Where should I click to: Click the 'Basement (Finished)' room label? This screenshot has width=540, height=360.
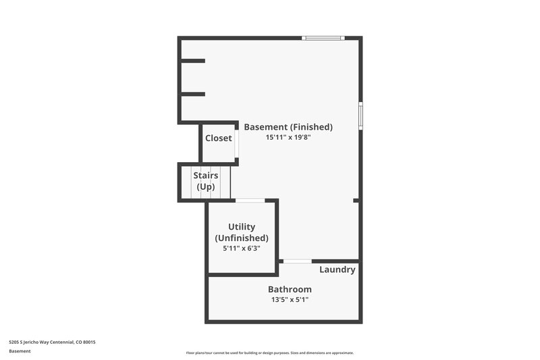[x=288, y=126]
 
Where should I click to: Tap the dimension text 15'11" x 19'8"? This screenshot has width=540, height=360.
[x=288, y=137]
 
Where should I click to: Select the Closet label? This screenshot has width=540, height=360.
[x=219, y=138]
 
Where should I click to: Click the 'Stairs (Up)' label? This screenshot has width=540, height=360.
[x=205, y=181]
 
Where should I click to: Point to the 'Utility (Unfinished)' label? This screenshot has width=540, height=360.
[x=242, y=232]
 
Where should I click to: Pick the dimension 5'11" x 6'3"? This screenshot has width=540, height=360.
[x=242, y=249]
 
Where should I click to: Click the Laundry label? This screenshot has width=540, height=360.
[x=337, y=269]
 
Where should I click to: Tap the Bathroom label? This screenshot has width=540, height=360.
[x=290, y=289]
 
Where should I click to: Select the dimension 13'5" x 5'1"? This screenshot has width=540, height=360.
[x=290, y=300]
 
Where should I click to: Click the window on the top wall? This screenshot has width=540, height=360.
[x=323, y=38]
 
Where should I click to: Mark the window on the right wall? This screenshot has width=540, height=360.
[x=360, y=115]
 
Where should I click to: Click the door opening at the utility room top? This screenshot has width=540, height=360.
[x=250, y=201]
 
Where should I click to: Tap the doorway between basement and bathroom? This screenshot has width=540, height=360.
[x=297, y=261]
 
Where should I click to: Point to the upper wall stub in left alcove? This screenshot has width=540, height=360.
[x=192, y=61]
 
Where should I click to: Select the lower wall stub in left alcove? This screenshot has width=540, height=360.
[x=192, y=94]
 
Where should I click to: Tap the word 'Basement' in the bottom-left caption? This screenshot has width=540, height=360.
[x=20, y=351]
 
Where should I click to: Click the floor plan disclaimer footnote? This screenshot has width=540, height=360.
[x=270, y=353]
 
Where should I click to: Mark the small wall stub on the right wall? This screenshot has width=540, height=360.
[x=356, y=201]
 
